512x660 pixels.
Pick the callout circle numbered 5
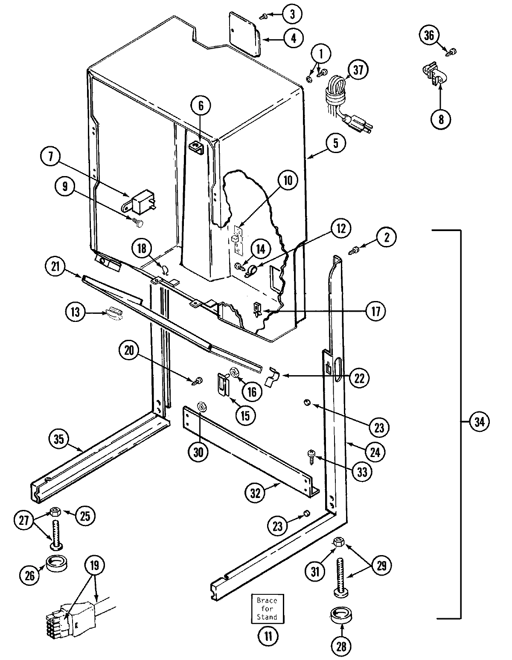[335, 143]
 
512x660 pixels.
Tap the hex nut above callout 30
[201, 406]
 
